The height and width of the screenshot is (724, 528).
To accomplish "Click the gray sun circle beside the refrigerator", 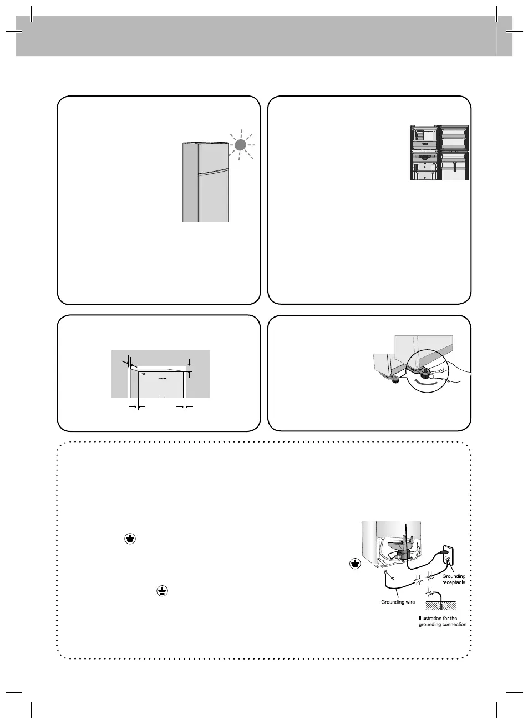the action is tap(240, 145).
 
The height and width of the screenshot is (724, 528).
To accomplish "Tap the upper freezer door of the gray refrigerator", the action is tap(213, 157).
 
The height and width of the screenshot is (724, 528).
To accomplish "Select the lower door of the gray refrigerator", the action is tap(213, 197).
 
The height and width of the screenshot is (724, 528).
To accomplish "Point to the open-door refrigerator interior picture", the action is tap(439, 153).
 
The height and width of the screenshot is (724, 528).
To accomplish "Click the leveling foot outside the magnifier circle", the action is tap(395, 379).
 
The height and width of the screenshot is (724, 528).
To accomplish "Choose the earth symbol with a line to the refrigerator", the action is tap(353, 563).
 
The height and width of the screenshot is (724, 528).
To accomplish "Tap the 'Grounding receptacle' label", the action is tap(454, 580).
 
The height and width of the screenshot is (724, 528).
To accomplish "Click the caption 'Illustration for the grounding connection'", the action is tap(442, 621).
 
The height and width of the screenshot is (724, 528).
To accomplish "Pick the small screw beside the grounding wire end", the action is tap(392, 578).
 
